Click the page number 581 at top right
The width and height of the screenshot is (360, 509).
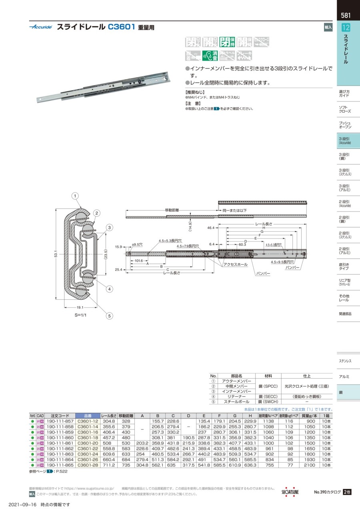point(346,16)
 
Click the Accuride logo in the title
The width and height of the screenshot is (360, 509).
point(40,27)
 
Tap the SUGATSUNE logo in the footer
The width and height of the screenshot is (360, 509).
point(290,492)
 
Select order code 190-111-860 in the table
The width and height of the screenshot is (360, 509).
point(60,438)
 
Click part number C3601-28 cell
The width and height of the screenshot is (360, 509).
point(88,465)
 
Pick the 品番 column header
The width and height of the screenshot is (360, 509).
point(88,416)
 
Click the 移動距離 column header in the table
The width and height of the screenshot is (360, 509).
point(126,416)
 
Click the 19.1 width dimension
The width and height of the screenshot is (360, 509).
point(80,307)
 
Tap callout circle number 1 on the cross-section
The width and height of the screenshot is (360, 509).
point(75,196)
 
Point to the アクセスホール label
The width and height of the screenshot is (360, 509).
point(235,265)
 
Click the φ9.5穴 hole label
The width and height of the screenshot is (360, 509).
point(137,244)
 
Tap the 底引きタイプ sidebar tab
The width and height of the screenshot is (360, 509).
point(344,267)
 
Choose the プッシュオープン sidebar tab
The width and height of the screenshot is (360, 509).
point(345,124)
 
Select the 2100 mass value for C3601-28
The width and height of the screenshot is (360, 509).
point(311,465)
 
